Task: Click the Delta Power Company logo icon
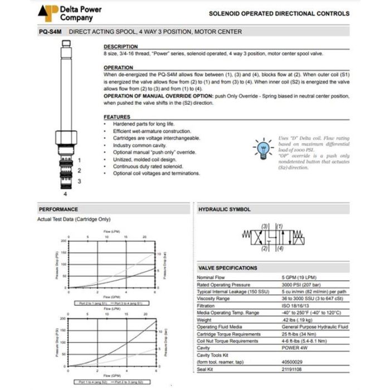click(49, 13)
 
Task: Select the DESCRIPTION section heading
click(120, 46)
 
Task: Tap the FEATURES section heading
click(117, 116)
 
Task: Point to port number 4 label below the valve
click(66, 194)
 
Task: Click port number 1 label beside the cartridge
click(79, 160)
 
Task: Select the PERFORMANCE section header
click(58, 209)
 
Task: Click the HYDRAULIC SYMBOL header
click(225, 209)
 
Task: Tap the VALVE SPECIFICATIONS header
click(228, 268)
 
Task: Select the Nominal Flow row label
click(212, 277)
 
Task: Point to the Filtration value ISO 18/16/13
click(295, 306)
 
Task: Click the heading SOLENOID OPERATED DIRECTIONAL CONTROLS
click(279, 13)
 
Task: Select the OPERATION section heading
click(118, 67)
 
